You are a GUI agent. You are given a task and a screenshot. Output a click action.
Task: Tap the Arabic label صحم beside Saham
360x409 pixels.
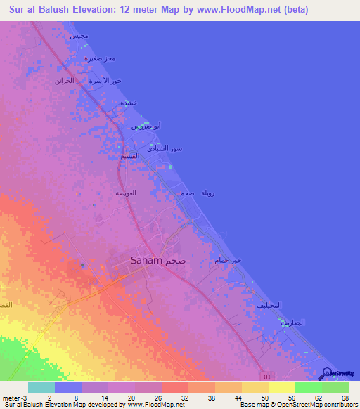pos(176,260)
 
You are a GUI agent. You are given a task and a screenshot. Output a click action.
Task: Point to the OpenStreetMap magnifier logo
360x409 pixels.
pos(327,373)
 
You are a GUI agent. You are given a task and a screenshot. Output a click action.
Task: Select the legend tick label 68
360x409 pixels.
pos(344,397)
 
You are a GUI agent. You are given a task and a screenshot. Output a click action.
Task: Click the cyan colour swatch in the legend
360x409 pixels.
pos(41,387)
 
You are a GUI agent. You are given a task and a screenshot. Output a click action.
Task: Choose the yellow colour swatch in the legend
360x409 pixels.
pos(282,387)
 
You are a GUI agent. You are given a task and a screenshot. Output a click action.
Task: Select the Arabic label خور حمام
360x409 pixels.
pos(227,261)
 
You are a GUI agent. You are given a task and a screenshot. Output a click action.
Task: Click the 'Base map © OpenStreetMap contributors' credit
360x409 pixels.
pos(297,404)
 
